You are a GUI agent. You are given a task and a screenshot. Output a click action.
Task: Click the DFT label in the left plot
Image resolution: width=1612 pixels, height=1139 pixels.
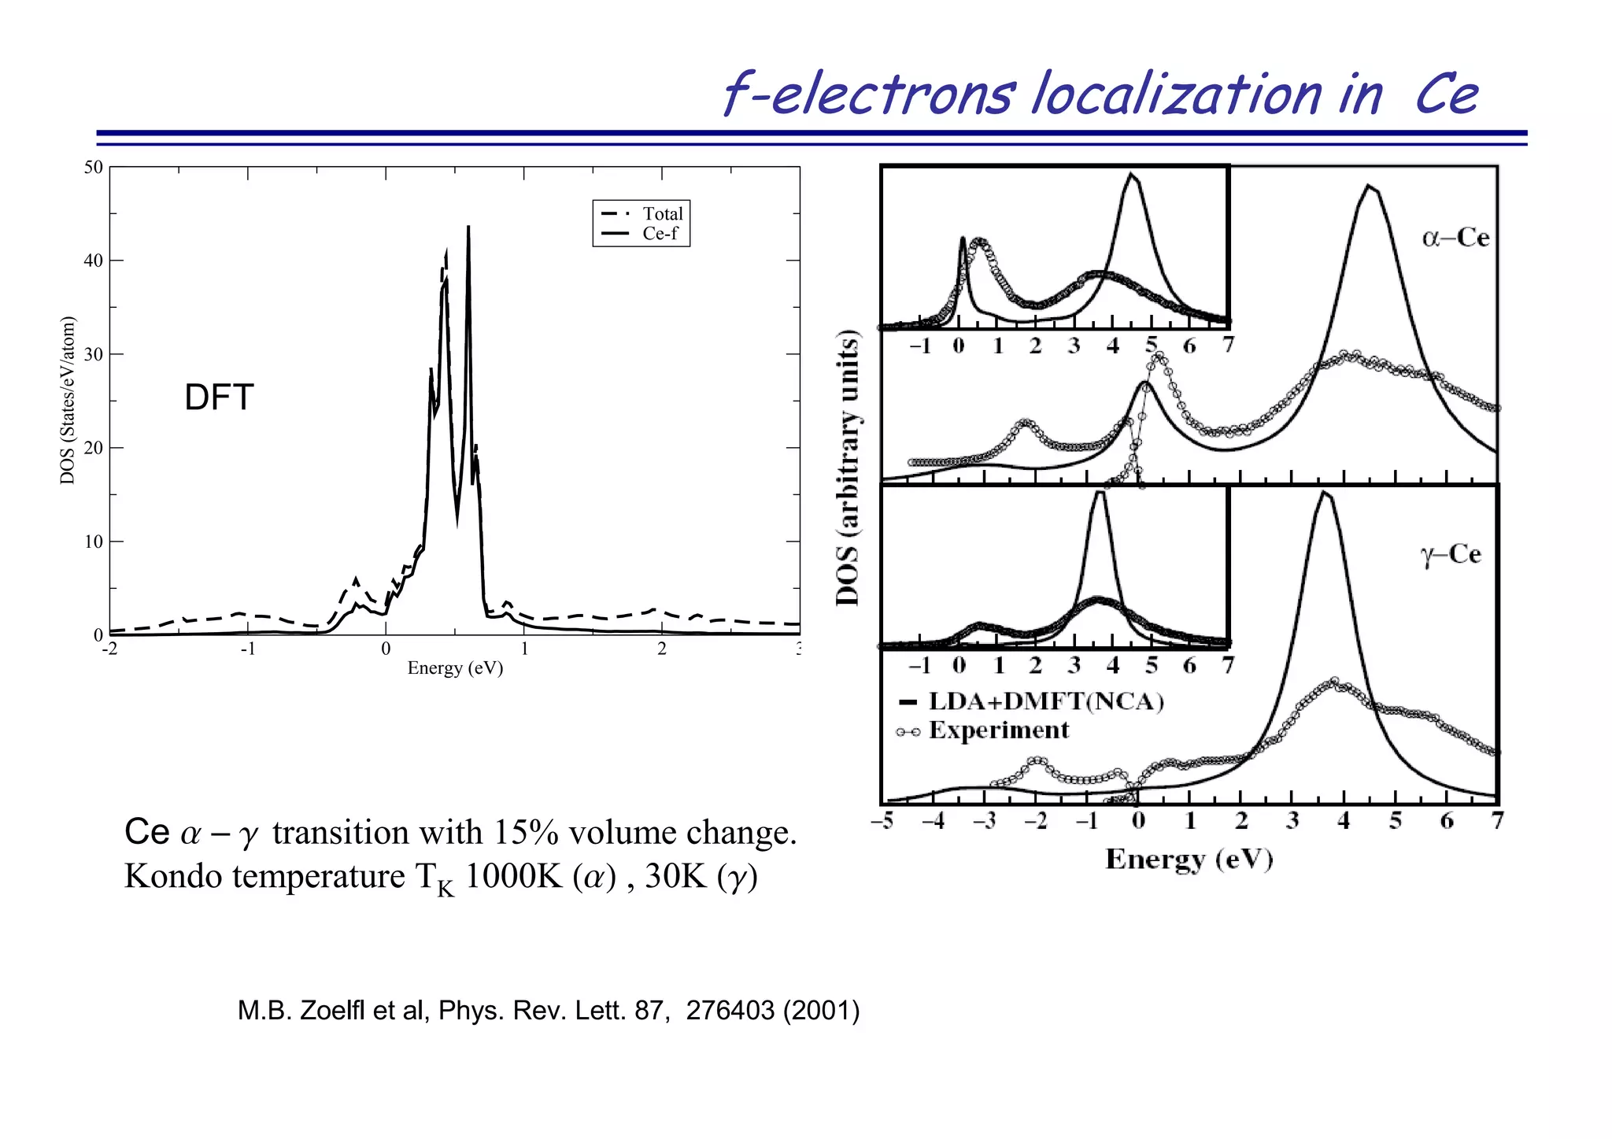219,398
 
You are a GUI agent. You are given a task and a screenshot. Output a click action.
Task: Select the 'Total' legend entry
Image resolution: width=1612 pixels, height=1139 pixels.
662,214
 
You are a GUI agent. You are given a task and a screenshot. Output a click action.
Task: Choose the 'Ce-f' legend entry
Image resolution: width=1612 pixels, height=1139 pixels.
660,234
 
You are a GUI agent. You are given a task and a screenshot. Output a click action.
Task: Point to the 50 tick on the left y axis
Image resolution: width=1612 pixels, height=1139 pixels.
94,167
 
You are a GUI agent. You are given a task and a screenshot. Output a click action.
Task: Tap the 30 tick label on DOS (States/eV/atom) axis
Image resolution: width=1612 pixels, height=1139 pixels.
94,354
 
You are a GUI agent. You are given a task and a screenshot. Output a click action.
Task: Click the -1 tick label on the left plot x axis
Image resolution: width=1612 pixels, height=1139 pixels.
247,649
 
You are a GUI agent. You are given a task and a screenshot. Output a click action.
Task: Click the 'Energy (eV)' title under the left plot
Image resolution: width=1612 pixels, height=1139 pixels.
455,668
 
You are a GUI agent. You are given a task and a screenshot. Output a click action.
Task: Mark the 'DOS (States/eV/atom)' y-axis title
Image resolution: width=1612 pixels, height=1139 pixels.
68,401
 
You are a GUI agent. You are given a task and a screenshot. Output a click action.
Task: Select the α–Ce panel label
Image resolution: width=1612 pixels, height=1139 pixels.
1455,237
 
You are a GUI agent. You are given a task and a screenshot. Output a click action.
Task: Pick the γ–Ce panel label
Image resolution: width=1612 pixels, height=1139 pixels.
1451,554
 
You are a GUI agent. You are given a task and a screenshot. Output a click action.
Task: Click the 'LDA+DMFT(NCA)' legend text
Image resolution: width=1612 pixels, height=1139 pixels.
1046,701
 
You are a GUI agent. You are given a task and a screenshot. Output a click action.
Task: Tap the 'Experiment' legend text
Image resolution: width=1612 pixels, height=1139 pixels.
999,730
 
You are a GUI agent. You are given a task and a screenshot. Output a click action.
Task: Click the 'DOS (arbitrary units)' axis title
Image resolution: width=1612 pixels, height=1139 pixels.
848,468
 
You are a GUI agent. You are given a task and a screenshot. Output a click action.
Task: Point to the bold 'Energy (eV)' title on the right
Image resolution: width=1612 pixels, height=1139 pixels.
1189,859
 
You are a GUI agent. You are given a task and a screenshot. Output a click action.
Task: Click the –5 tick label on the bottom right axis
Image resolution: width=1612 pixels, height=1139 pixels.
883,821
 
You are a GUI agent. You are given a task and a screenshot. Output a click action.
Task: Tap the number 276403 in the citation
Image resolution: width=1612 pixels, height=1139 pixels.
730,1010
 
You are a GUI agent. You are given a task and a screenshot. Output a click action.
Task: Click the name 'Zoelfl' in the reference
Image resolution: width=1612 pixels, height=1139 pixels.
333,1010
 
